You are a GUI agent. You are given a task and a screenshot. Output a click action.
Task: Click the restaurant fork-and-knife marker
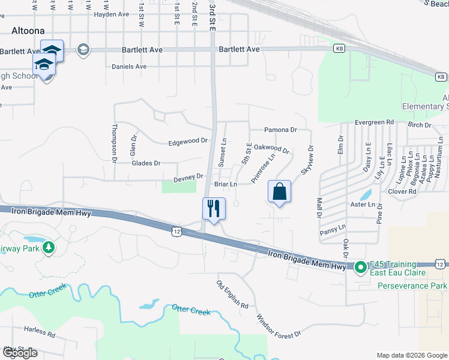tap(214, 209)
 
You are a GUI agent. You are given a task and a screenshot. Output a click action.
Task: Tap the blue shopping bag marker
tap(279, 192)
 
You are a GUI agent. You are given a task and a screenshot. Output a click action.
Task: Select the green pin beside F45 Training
tap(360, 268)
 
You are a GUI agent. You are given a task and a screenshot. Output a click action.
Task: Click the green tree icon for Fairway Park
tap(48, 247)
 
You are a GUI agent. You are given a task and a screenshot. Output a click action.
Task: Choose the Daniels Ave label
tap(129, 67)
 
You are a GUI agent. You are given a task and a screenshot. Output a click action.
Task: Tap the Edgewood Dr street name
tap(188, 141)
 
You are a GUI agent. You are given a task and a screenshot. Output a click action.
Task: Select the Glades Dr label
tap(146, 163)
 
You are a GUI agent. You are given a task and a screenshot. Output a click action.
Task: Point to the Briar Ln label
tap(226, 185)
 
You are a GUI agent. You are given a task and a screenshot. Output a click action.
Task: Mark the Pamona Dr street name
tap(281, 130)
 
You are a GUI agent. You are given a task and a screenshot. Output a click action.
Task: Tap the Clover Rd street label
tap(402, 191)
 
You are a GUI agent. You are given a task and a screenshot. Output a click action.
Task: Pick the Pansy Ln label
tap(334, 227)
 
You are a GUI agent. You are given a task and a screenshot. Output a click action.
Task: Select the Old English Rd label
tap(233, 294)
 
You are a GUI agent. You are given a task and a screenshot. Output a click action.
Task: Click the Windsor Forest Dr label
tap(278, 326)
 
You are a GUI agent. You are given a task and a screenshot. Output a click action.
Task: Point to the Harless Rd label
tap(40, 329)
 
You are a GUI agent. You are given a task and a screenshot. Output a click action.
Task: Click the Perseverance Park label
tap(413, 286)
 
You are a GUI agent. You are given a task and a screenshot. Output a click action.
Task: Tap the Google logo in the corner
tap(20, 353)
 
